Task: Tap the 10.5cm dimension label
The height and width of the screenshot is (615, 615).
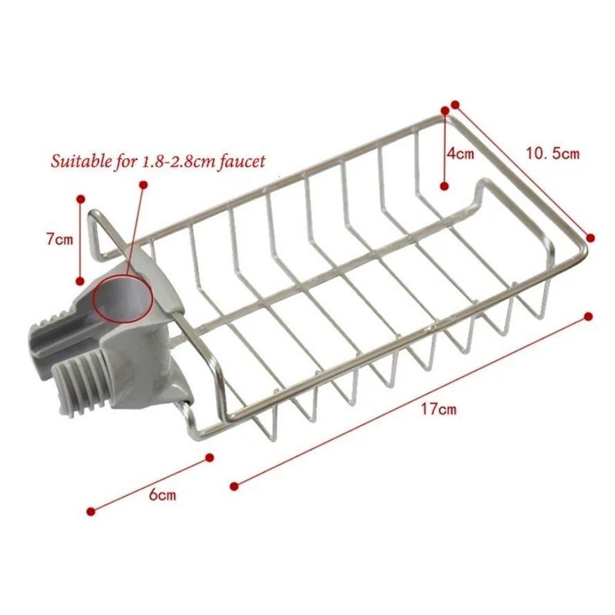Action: point(552,153)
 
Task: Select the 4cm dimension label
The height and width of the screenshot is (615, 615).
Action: point(461,154)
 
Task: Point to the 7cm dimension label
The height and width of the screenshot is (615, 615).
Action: point(59,240)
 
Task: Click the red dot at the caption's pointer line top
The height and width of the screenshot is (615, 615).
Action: point(143,185)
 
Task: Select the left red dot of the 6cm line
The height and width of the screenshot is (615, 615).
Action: point(91,511)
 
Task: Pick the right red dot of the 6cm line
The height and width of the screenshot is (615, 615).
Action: point(211,457)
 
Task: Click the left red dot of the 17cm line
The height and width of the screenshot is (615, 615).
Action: point(233,485)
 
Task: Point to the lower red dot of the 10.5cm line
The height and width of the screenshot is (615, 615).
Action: point(591,237)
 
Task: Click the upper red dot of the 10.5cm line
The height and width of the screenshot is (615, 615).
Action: point(455,105)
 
